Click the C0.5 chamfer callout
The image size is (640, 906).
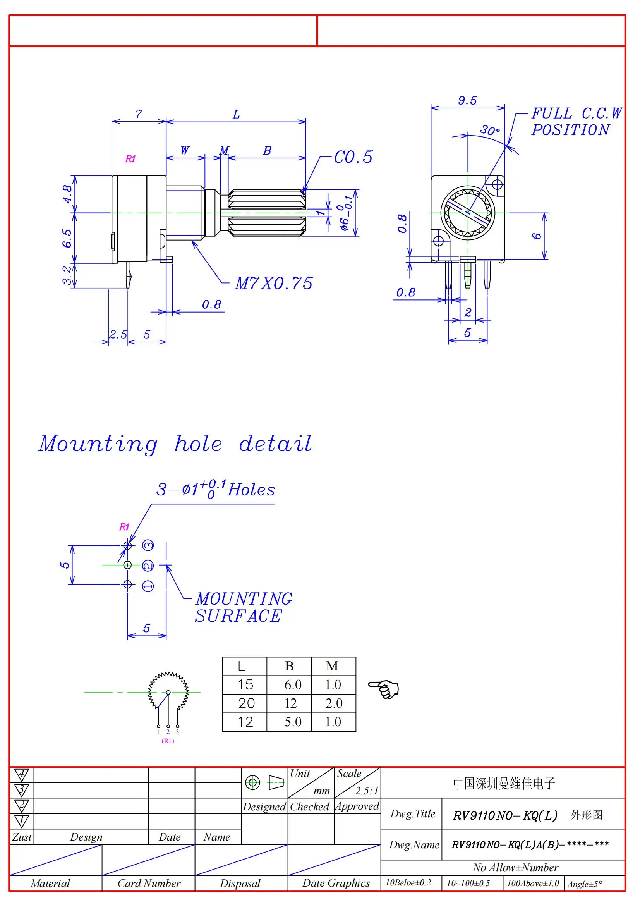click(353, 157)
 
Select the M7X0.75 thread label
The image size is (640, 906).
click(274, 283)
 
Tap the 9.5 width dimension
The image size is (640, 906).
click(468, 100)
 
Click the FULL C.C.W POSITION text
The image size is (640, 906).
click(575, 122)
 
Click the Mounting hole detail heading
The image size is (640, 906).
click(175, 444)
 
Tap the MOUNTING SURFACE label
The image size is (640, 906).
click(243, 607)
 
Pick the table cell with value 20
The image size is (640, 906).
click(246, 703)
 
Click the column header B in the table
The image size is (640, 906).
click(290, 666)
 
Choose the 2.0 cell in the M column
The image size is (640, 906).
click(334, 703)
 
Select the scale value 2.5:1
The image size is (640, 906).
click(366, 791)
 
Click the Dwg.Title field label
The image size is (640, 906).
click(412, 814)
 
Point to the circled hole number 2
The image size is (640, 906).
click(148, 566)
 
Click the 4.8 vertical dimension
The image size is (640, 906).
click(67, 194)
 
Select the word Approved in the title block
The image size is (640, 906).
click(357, 806)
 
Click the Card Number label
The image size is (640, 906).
click(149, 883)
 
